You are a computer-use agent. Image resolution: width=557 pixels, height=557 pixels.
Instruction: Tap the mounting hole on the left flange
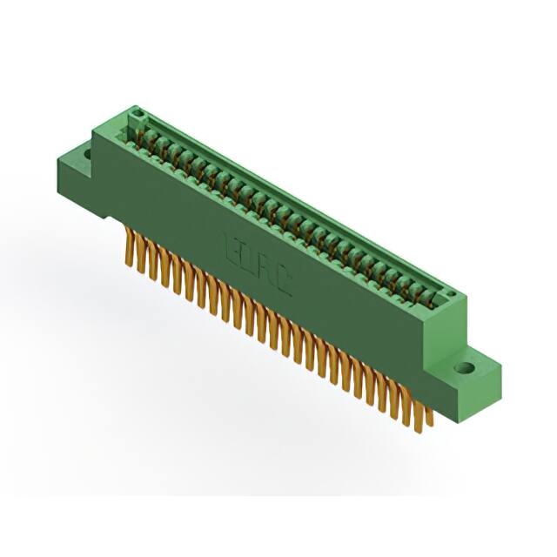(x=86, y=156)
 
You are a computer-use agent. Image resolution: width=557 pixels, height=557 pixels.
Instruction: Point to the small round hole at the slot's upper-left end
(x=135, y=117)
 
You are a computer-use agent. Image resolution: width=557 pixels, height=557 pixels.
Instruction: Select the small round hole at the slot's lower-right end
(x=452, y=297)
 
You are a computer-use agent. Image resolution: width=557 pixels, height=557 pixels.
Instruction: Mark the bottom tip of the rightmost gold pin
(x=429, y=426)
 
